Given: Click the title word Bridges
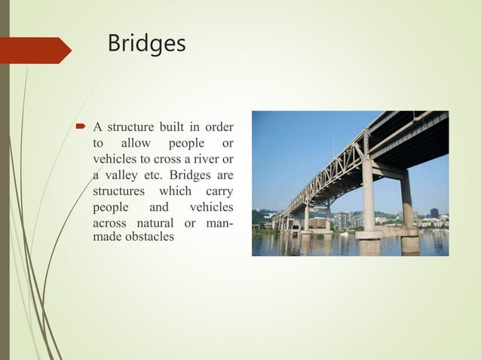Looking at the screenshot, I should pos(146,43).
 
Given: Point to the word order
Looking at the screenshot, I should pos(218,126).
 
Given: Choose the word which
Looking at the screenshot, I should pos(175,191).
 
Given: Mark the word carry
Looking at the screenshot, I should pos(219,191).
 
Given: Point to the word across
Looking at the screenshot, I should pos(109,224).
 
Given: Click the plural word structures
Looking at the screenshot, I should pos(119,191).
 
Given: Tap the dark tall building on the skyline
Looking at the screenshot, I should pos(434,213).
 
